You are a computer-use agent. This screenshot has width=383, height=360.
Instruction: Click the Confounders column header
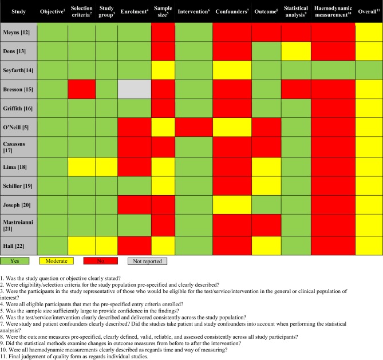click(x=231, y=11)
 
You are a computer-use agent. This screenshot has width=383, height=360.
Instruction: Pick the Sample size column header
click(x=163, y=11)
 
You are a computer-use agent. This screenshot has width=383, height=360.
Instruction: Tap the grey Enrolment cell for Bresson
click(x=135, y=89)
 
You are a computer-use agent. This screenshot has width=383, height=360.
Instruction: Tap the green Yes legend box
click(x=18, y=261)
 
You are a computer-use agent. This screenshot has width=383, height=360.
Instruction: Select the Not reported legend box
click(x=147, y=261)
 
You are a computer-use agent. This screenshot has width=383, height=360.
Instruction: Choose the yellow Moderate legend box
click(x=61, y=261)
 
